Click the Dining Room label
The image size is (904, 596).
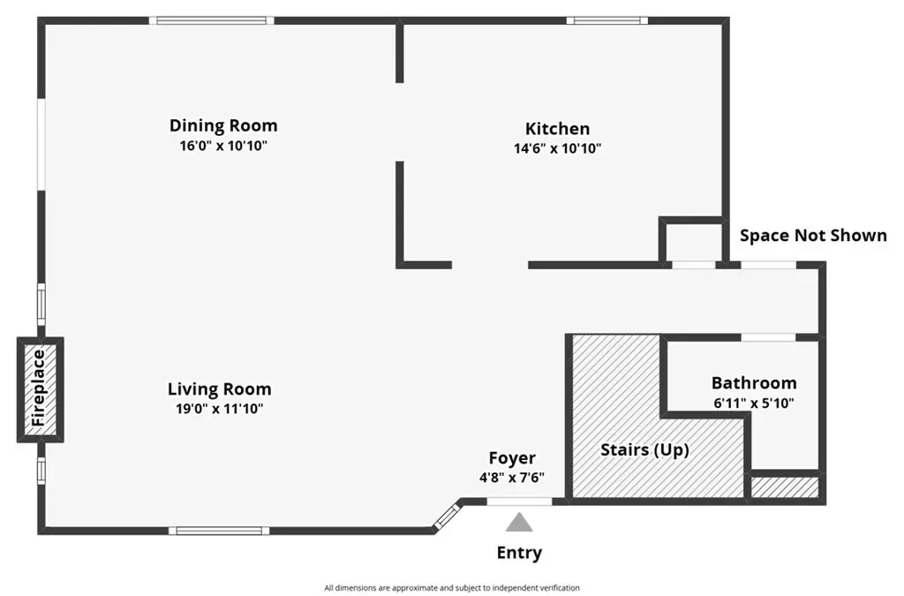pyautogui.click(x=223, y=125)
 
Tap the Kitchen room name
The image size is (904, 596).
pyautogui.click(x=558, y=129)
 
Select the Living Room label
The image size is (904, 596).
pyautogui.click(x=220, y=389)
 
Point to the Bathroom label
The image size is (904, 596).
pyautogui.click(x=754, y=382)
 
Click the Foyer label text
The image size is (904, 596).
pyautogui.click(x=512, y=458)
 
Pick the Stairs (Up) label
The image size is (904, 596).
pyautogui.click(x=644, y=449)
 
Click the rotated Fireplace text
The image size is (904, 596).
pyautogui.click(x=39, y=389)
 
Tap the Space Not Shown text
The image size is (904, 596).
pyautogui.click(x=813, y=235)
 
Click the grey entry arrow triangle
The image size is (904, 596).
pyautogui.click(x=519, y=522)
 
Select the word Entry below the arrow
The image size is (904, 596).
pyautogui.click(x=519, y=553)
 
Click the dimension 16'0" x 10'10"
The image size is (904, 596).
pyautogui.click(x=223, y=146)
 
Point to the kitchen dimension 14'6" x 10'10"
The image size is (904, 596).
pyautogui.click(x=558, y=148)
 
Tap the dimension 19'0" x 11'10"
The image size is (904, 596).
pyautogui.click(x=220, y=409)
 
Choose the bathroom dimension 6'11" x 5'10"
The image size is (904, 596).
pyautogui.click(x=754, y=403)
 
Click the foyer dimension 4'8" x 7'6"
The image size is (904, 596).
pyautogui.click(x=512, y=478)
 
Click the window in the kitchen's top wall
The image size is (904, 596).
pyautogui.click(x=607, y=21)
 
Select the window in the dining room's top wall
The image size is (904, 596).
pyautogui.click(x=212, y=21)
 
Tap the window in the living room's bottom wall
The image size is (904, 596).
pyautogui.click(x=219, y=531)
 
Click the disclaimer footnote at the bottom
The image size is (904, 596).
pyautogui.click(x=451, y=588)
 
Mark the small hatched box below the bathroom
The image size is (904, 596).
pyautogui.click(x=785, y=487)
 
